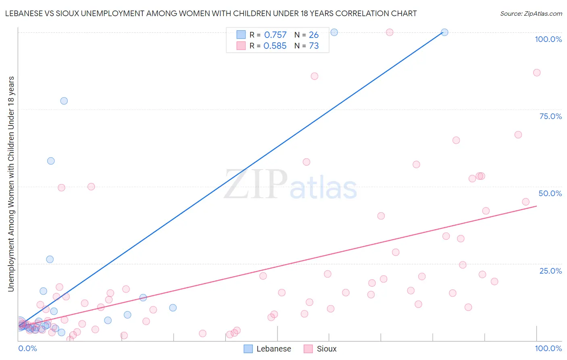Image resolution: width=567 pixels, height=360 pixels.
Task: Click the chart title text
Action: [x=211, y=14]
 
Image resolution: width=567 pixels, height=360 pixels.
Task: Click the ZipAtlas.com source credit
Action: [x=531, y=14]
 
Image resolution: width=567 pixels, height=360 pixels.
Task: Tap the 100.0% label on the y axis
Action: [x=548, y=39]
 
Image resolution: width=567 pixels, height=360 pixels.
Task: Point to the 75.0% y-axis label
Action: [x=550, y=116]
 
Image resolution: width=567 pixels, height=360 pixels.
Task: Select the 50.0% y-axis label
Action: [x=550, y=193]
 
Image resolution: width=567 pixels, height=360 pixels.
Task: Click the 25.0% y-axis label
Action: [x=550, y=271]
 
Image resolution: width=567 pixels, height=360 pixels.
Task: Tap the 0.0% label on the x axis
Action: [x=27, y=348]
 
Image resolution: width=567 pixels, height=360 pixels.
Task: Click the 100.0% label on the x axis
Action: [x=548, y=348]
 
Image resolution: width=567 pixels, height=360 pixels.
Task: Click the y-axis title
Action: [x=11, y=184]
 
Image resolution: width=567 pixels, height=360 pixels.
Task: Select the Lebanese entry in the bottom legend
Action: [x=268, y=349]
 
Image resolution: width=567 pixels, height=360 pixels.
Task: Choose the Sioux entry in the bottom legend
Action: [x=320, y=349]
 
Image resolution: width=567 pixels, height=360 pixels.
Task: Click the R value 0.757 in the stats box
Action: [x=275, y=35]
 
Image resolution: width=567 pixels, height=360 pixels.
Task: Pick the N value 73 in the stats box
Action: [x=314, y=46]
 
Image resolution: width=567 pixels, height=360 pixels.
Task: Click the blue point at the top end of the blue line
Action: [x=444, y=32]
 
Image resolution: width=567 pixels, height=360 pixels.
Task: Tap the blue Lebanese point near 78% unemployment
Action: [x=64, y=101]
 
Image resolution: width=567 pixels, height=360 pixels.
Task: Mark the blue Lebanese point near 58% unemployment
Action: [x=51, y=161]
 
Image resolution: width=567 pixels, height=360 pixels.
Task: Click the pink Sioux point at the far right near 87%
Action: [x=537, y=73]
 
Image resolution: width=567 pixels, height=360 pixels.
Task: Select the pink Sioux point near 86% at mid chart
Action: [x=315, y=76]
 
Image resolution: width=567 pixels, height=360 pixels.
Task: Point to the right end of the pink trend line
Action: [x=536, y=206]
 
